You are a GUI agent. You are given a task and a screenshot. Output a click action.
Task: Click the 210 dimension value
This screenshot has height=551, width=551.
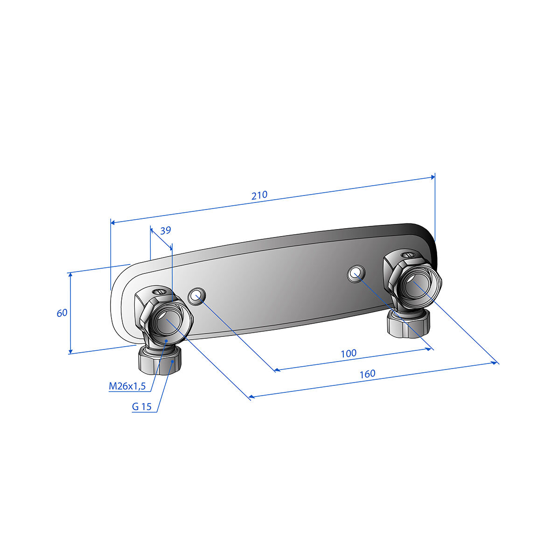pos(259,195)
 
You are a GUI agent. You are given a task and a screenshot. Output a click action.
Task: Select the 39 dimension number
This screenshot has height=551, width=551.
pos(166,230)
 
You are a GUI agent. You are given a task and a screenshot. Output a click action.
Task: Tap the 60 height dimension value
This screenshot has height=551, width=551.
pos(62,313)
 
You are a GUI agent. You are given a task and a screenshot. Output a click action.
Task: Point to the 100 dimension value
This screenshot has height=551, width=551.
pos(349,353)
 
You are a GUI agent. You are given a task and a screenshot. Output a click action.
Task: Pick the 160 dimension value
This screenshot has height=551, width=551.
pos(368,374)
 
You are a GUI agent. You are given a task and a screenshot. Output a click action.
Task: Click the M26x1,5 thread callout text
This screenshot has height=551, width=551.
pos(127,386)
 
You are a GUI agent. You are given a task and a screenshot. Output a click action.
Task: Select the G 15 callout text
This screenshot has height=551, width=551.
pos(142,406)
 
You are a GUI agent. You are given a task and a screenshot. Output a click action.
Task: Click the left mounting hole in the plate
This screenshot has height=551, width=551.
pos(197,296)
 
